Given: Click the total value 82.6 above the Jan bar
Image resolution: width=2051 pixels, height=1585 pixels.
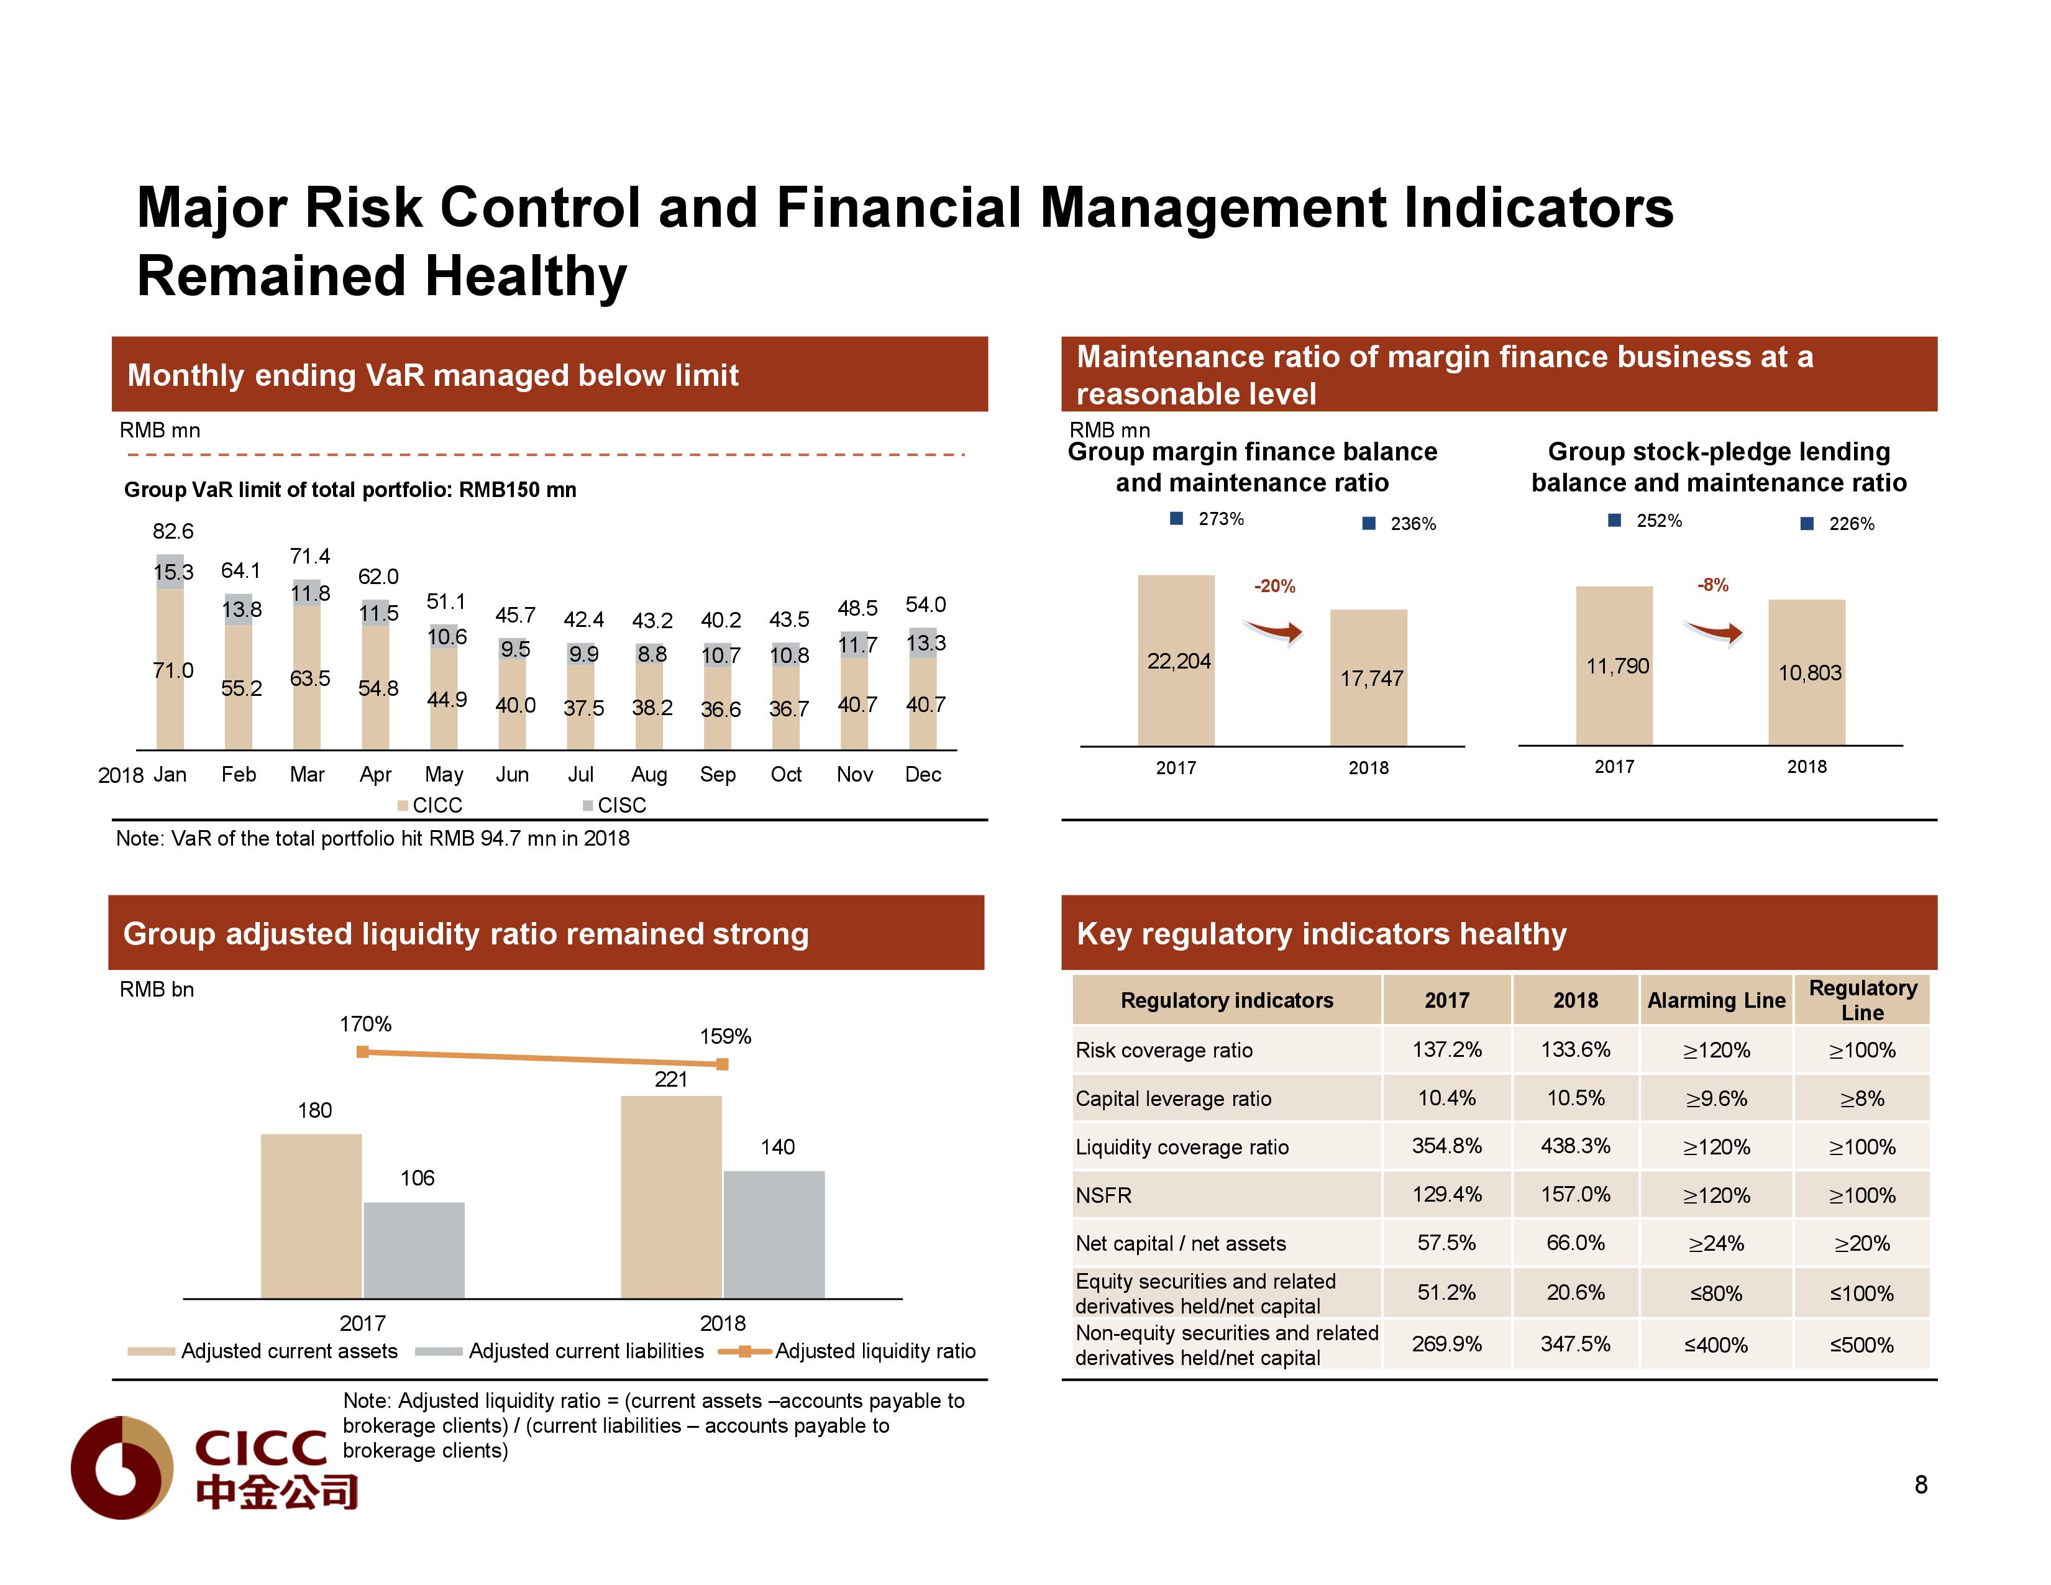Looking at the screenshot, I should [x=173, y=531].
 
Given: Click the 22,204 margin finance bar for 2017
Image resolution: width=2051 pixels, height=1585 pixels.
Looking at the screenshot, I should [x=1176, y=661].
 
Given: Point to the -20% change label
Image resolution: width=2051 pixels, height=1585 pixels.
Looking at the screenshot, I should [x=1274, y=586].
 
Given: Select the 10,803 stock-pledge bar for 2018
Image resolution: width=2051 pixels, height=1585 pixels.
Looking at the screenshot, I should [x=1806, y=672].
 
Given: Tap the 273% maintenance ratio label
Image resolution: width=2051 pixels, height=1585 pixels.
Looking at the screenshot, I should [x=1220, y=519].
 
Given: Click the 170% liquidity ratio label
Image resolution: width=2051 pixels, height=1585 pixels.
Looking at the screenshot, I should [x=365, y=1025].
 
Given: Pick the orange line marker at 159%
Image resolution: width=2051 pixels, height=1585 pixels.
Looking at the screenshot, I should [x=722, y=1064].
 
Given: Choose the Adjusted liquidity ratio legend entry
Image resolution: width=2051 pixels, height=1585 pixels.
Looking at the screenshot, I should [x=874, y=1351].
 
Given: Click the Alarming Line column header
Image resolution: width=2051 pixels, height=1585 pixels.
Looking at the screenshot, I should [x=1715, y=1001].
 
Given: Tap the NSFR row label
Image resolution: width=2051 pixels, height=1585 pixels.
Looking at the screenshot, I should [x=1104, y=1195].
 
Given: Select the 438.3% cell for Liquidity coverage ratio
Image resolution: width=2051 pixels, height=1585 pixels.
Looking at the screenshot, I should [x=1575, y=1146].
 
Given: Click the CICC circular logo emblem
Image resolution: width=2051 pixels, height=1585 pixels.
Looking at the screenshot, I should [x=122, y=1467].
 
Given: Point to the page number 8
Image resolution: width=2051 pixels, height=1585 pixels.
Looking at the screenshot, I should [x=1921, y=1484].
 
